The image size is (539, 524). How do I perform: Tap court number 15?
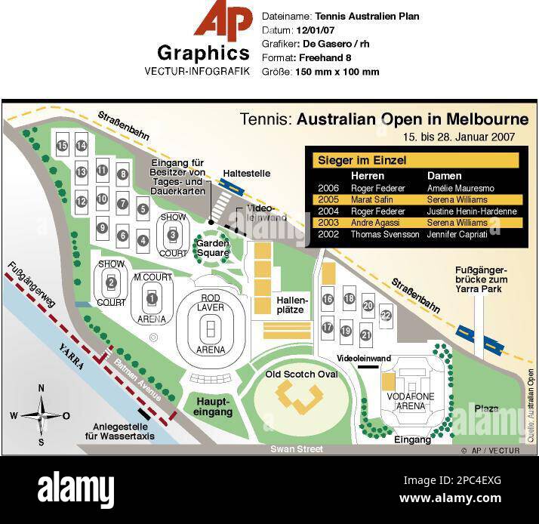63,146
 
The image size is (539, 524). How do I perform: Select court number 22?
385,315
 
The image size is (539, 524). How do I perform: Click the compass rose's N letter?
42,388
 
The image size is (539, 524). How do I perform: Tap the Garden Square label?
213,248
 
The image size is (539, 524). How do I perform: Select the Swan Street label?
297,449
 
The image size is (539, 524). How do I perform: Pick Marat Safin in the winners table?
371,199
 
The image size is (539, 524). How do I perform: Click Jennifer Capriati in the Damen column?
457,235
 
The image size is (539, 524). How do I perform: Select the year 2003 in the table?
328,223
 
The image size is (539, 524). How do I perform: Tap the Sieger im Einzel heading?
362,160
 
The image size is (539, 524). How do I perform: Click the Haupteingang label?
214,406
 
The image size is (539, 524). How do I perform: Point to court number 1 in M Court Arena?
152,299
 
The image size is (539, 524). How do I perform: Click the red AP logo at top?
223,20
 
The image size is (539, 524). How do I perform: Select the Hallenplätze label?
291,304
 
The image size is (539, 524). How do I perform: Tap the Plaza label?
486,408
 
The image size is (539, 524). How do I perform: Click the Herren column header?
368,176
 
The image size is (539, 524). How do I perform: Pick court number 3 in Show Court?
173,235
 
